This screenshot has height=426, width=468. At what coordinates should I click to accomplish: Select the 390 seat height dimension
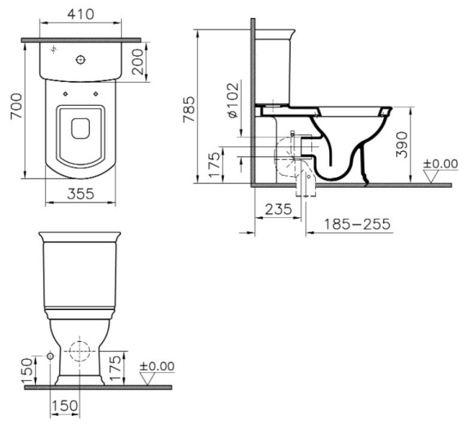[402, 145]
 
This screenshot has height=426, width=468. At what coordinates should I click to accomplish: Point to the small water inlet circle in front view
[51, 356]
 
